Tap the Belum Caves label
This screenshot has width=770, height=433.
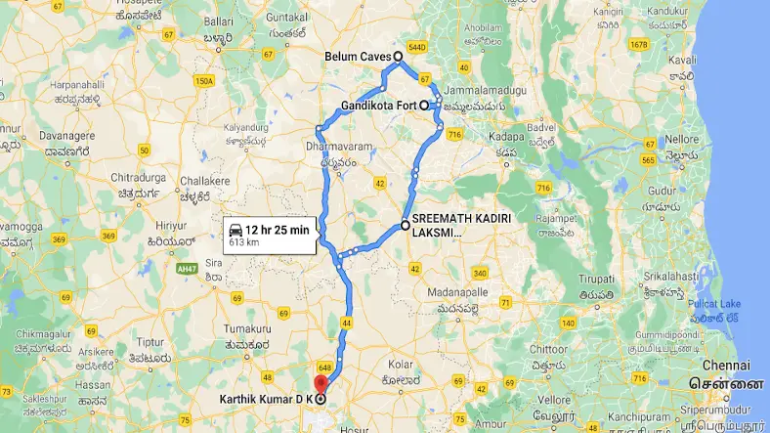pyautogui.click(x=358, y=57)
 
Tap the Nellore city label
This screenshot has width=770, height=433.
pyautogui.click(x=682, y=139)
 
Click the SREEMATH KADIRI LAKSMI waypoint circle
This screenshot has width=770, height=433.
pyautogui.click(x=405, y=226)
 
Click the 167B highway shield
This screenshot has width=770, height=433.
pyautogui.click(x=639, y=45)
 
